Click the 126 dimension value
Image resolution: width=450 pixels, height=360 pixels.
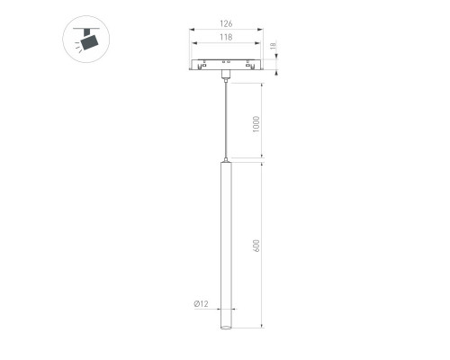pos(226,23)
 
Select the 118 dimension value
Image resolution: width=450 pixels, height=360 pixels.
pos(226,37)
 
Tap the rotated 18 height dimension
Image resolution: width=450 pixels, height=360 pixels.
pos(273,46)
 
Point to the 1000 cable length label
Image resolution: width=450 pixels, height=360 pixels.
pos(256,124)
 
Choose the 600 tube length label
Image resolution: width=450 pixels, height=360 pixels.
pos(256,246)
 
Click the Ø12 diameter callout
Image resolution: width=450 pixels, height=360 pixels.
pos(201,303)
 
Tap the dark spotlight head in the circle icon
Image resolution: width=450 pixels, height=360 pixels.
pos(89,42)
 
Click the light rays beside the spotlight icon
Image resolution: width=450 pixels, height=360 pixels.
pos(78,47)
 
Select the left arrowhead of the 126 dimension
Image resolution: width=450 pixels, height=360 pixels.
pos(192,30)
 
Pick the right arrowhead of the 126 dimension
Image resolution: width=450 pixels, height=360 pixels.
pos(260,30)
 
